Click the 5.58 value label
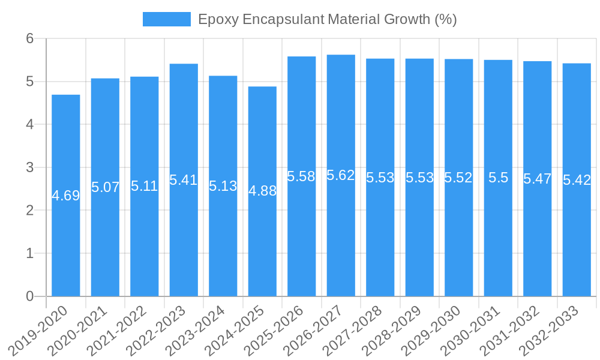301,176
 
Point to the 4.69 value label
66,196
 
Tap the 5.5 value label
498,178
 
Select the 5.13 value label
223,186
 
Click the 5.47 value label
537,179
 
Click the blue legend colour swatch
166,19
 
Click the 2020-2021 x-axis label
79,331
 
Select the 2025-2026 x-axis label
275,331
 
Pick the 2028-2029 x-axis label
393,331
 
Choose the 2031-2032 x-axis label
511,331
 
